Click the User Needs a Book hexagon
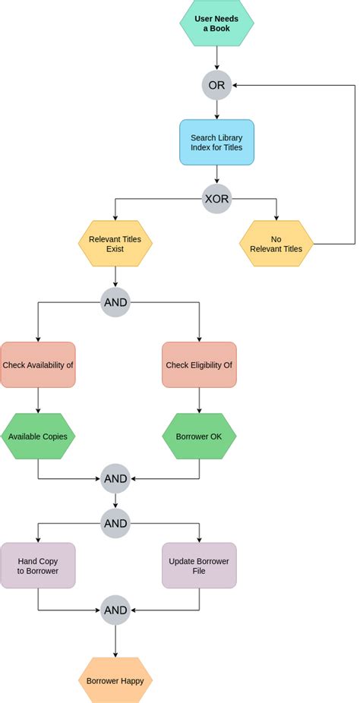216,24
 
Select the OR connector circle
216,85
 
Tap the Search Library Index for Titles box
216,142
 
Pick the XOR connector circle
216,200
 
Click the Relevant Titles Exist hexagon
115,244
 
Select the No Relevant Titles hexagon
276,244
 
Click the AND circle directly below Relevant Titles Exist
115,302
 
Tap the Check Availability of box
38,364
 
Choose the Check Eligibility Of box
199,364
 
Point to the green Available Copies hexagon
38,437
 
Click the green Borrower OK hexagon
199,437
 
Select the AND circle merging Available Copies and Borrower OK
115,478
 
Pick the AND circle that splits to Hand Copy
115,523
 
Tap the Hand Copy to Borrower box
38,566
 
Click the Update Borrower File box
199,566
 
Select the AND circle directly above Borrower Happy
115,609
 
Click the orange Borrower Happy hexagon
115,680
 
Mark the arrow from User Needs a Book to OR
216,58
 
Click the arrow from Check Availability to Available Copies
38,401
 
